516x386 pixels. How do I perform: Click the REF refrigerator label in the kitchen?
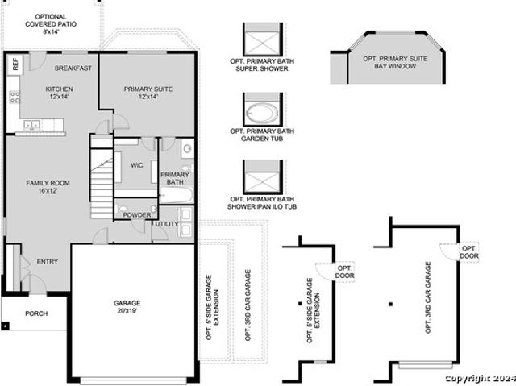[x=15, y=64]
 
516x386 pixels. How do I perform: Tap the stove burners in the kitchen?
[x=15, y=97]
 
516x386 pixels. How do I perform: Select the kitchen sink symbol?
[x=32, y=125]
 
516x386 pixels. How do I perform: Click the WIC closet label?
[x=136, y=165]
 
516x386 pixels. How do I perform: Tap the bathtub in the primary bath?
[x=176, y=196]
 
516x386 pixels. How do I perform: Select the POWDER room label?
[x=137, y=215]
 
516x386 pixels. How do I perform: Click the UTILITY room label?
[x=167, y=224]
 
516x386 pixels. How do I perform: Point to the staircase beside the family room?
[x=102, y=176]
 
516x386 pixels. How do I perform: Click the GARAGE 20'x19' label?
[x=127, y=306]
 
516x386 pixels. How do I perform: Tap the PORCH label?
[x=36, y=313]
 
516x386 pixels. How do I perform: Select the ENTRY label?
[x=48, y=262]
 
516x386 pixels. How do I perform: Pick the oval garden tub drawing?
[x=262, y=114]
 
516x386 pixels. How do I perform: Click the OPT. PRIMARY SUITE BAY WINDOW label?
[x=395, y=63]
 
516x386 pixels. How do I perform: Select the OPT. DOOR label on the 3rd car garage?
[x=469, y=252]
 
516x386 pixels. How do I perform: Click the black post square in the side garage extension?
[x=300, y=304]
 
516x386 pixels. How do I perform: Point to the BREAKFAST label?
[x=73, y=68]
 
